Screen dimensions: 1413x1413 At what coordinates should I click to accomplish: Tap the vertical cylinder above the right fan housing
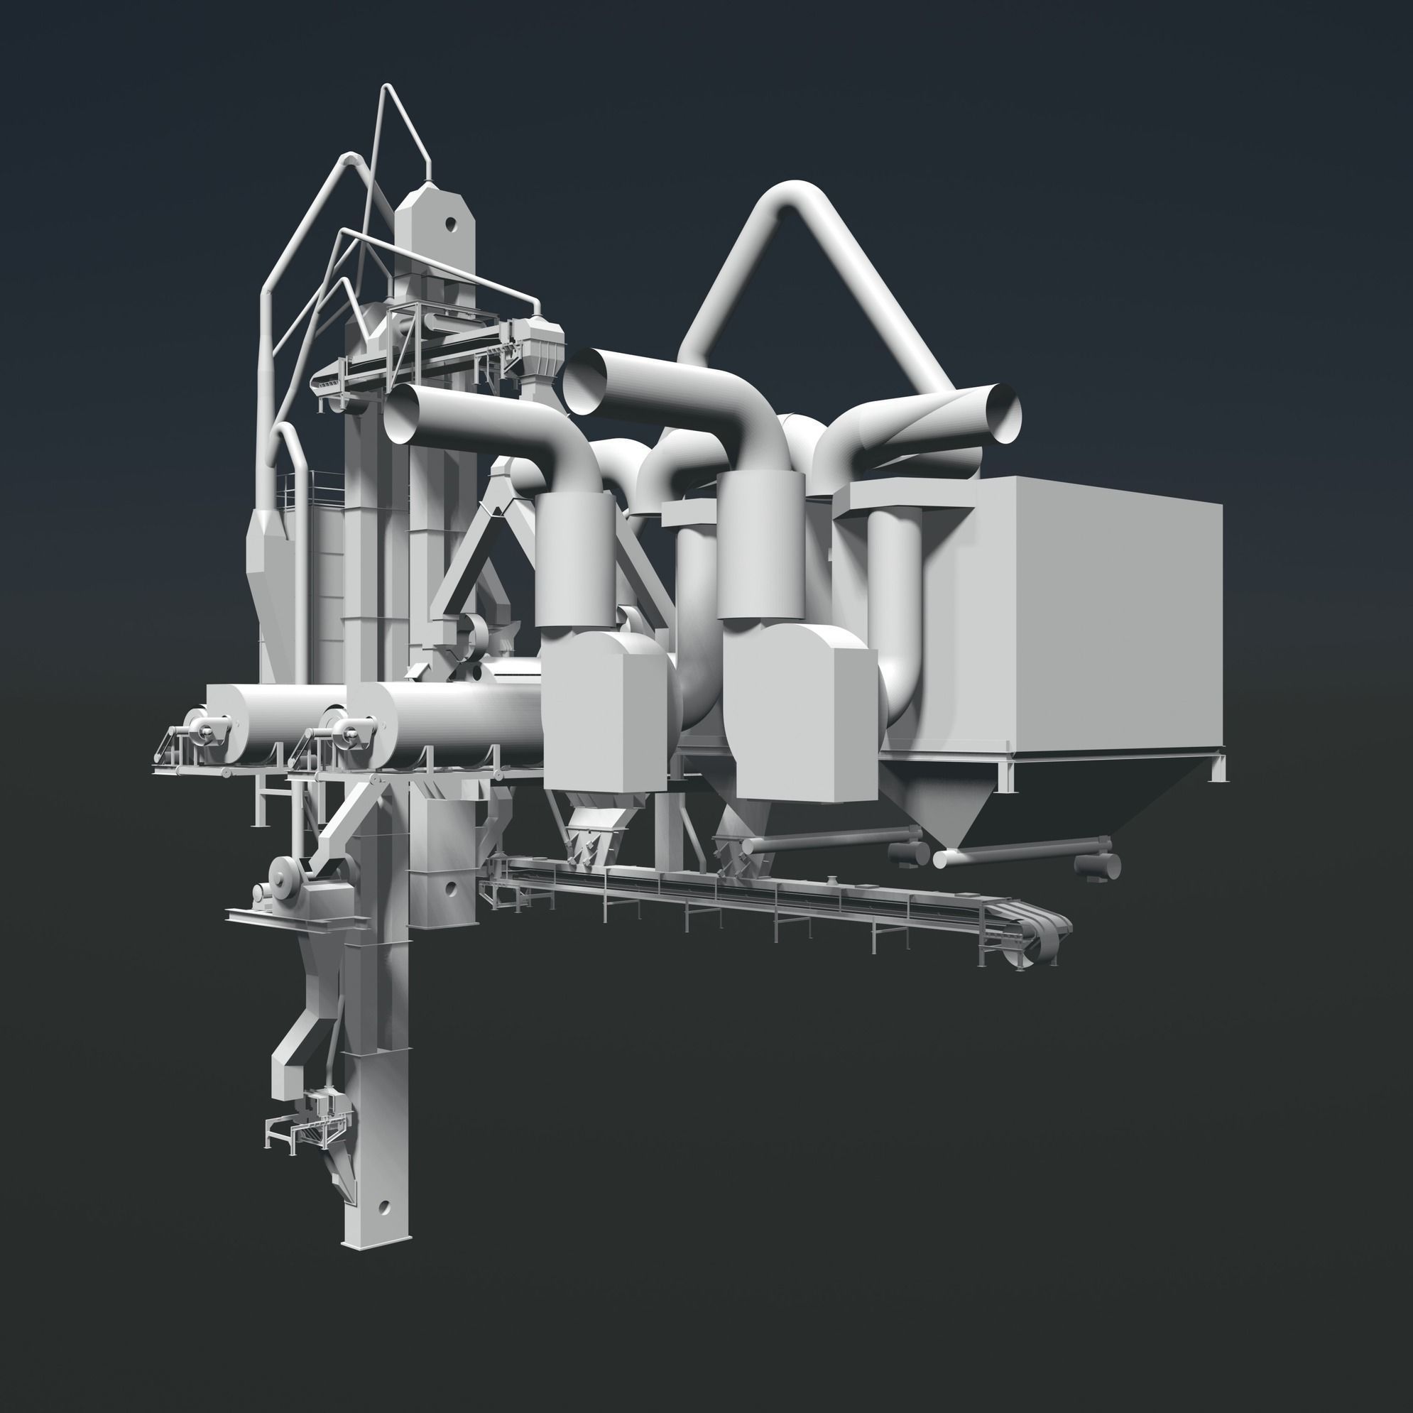tap(760, 545)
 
